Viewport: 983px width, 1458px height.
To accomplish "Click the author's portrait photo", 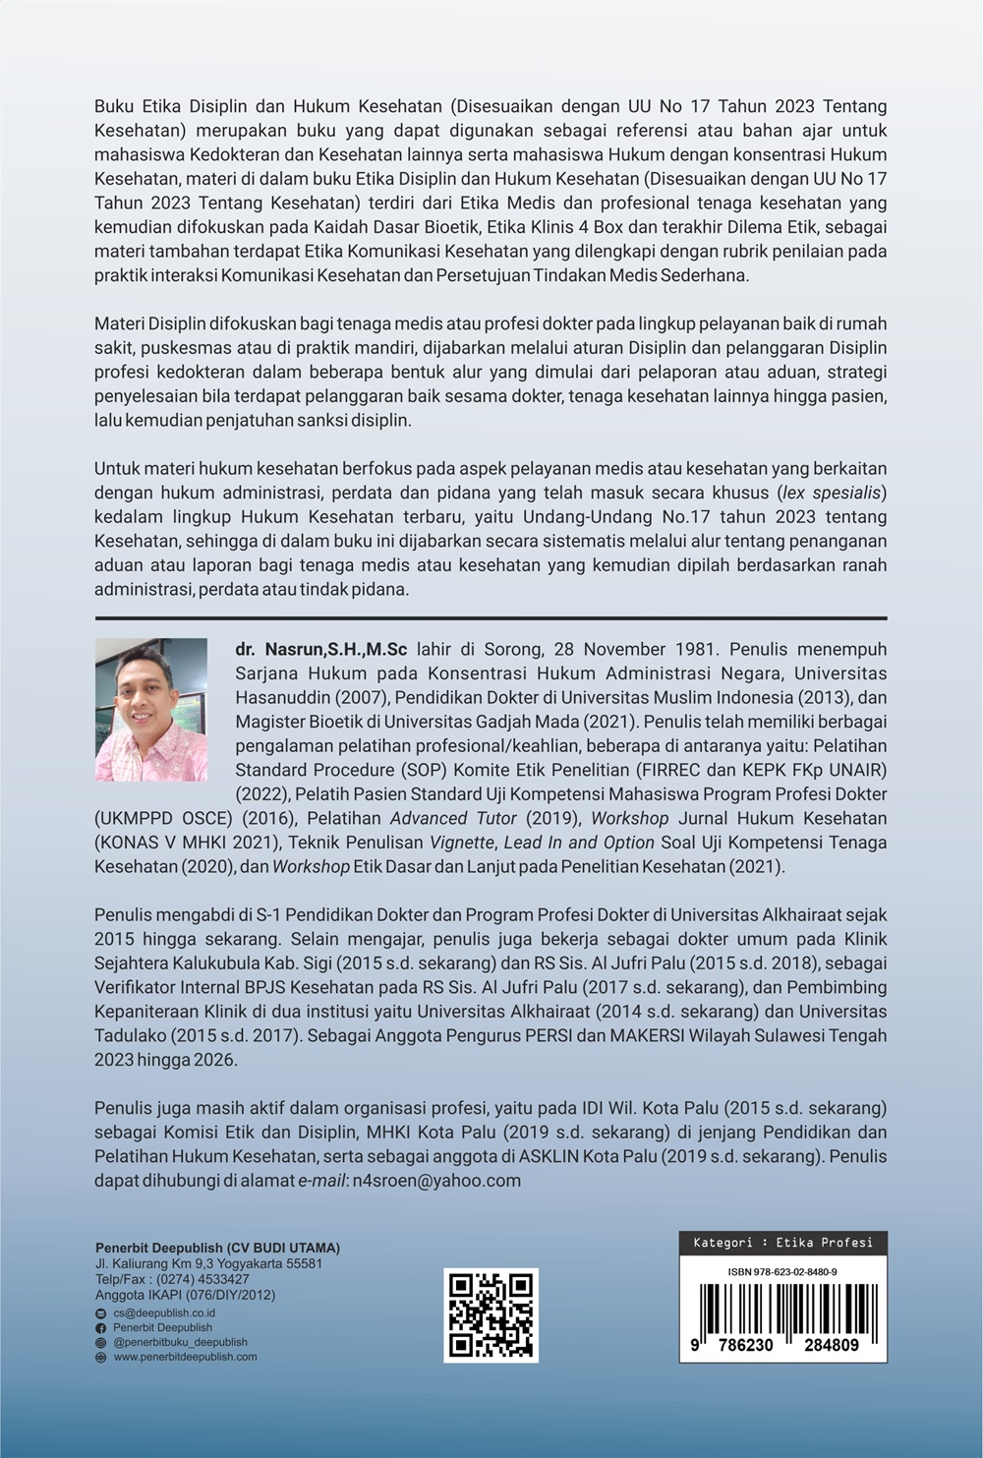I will click(150, 710).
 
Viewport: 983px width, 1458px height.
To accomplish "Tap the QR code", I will click(491, 1314).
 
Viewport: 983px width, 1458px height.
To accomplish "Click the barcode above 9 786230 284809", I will click(782, 1308).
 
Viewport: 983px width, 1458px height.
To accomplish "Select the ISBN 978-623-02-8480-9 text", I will click(782, 1271).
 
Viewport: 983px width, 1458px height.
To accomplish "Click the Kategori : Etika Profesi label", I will click(782, 1243).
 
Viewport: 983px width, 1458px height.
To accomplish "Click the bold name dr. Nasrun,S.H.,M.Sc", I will click(321, 650).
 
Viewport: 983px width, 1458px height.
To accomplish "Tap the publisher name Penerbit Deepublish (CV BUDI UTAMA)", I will click(217, 1248).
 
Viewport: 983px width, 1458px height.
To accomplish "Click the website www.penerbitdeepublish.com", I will click(185, 1357).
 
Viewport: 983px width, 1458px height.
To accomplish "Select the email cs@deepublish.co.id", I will click(164, 1312).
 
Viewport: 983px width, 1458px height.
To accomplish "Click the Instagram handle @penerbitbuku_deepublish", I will click(180, 1342).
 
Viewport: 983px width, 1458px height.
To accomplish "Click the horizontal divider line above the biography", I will click(491, 618).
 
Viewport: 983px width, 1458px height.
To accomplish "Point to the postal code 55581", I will click(301, 1263).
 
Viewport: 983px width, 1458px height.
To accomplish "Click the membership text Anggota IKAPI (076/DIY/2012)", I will click(185, 1295).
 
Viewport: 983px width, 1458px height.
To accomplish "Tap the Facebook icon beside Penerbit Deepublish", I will click(100, 1327).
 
